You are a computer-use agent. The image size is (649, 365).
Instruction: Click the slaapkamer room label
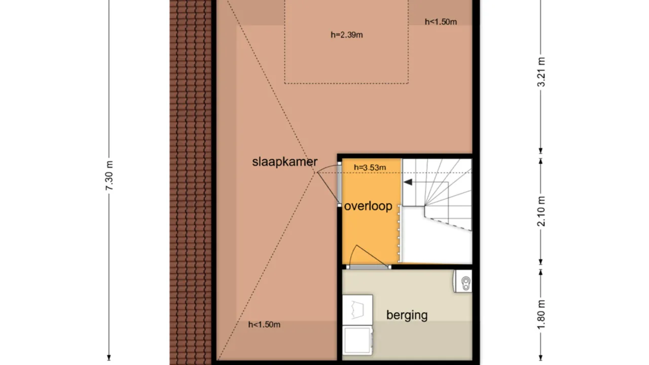284,162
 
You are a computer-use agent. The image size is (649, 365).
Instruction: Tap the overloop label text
368,206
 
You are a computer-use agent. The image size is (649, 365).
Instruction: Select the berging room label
407,315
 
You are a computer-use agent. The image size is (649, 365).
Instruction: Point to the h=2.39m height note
346,35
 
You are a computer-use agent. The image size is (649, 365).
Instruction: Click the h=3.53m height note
370,167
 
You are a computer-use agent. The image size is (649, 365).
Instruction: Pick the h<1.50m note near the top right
441,22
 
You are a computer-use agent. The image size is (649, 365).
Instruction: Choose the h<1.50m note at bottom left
264,324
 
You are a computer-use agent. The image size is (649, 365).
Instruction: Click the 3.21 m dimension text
541,71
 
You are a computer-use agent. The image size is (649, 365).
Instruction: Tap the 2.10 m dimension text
541,210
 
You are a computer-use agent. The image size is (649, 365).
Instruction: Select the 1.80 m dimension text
541,315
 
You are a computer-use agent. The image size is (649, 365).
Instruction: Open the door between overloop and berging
369,267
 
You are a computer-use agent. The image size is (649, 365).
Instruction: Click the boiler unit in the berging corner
463,281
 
